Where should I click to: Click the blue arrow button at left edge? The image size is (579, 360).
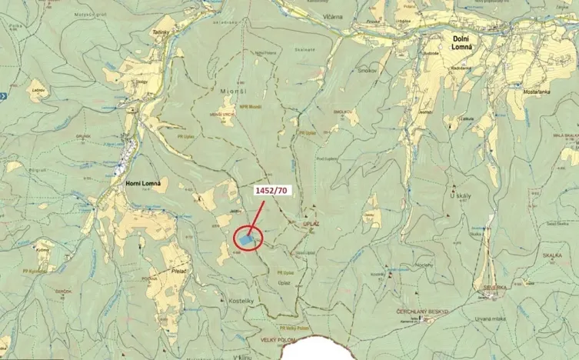click(3, 95)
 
